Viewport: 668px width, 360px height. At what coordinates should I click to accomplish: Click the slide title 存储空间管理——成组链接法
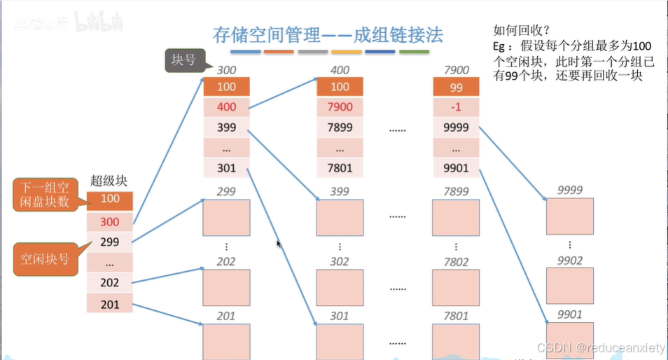coord(328,34)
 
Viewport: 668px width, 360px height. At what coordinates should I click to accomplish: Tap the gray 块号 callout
coord(183,60)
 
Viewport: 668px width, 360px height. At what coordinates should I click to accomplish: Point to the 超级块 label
coord(109,181)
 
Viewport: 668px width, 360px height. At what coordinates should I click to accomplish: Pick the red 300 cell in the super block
coord(110,222)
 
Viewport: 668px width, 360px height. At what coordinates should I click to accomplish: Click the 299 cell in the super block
coord(110,242)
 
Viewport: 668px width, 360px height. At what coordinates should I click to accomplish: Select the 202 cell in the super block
coord(110,283)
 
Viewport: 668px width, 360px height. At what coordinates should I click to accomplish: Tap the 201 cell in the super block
coord(110,304)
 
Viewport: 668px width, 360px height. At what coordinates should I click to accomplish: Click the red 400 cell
coord(226,107)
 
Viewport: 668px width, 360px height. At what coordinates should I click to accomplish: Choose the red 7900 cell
coord(340,107)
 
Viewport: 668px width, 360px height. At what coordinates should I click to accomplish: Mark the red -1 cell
coord(456,107)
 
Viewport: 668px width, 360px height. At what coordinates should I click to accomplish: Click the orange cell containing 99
coord(456,87)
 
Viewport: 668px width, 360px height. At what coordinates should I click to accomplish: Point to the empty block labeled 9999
coord(569,216)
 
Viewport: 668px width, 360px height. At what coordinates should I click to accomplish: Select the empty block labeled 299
coord(226,217)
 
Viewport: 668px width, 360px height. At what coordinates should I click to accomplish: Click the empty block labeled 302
coord(340,287)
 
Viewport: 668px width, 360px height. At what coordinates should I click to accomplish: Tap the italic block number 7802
coord(456,261)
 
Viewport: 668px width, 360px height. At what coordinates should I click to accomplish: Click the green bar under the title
coord(414,52)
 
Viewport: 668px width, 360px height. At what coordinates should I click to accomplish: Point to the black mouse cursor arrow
coord(279,244)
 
